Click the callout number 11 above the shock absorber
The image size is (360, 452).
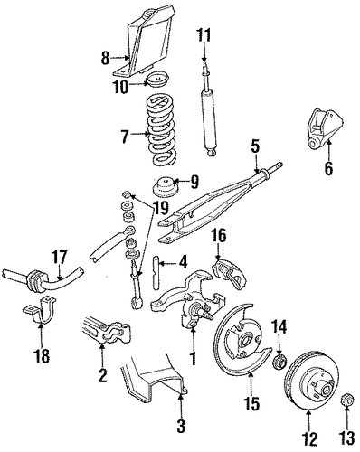click(x=204, y=35)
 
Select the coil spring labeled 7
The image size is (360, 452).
click(x=162, y=129)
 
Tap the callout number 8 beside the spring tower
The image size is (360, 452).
click(x=105, y=58)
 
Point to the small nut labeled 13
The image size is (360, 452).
click(x=346, y=400)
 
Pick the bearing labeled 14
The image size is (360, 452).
click(x=279, y=362)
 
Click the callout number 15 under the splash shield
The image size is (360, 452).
click(x=251, y=402)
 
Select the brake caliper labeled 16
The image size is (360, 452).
click(x=230, y=275)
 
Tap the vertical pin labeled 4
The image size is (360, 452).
click(x=156, y=273)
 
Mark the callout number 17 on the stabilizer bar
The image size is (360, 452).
click(x=59, y=257)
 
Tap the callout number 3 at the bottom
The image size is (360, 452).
click(x=180, y=427)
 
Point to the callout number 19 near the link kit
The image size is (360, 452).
click(x=160, y=207)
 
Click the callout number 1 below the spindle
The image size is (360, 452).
click(x=193, y=359)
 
